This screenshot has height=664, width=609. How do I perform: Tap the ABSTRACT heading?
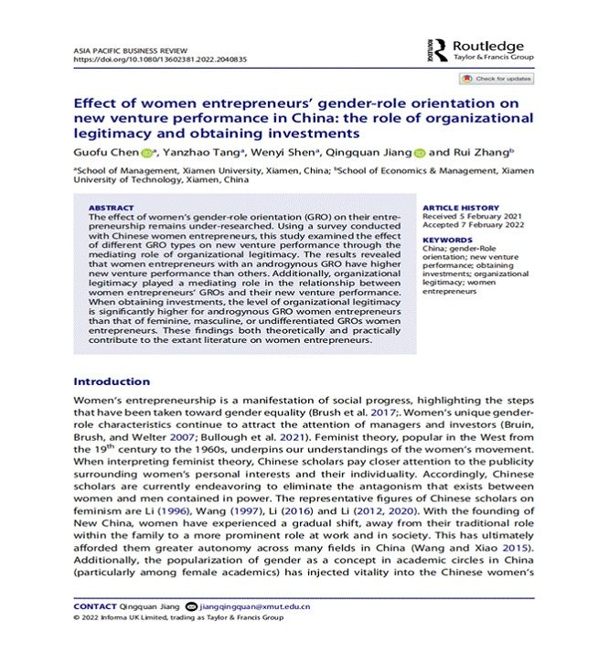click(x=111, y=208)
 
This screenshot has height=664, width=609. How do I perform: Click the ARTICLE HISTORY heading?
click(x=461, y=208)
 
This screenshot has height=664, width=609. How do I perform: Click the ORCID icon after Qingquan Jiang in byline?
click(x=420, y=153)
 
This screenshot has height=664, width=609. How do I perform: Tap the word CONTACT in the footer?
click(x=95, y=605)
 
